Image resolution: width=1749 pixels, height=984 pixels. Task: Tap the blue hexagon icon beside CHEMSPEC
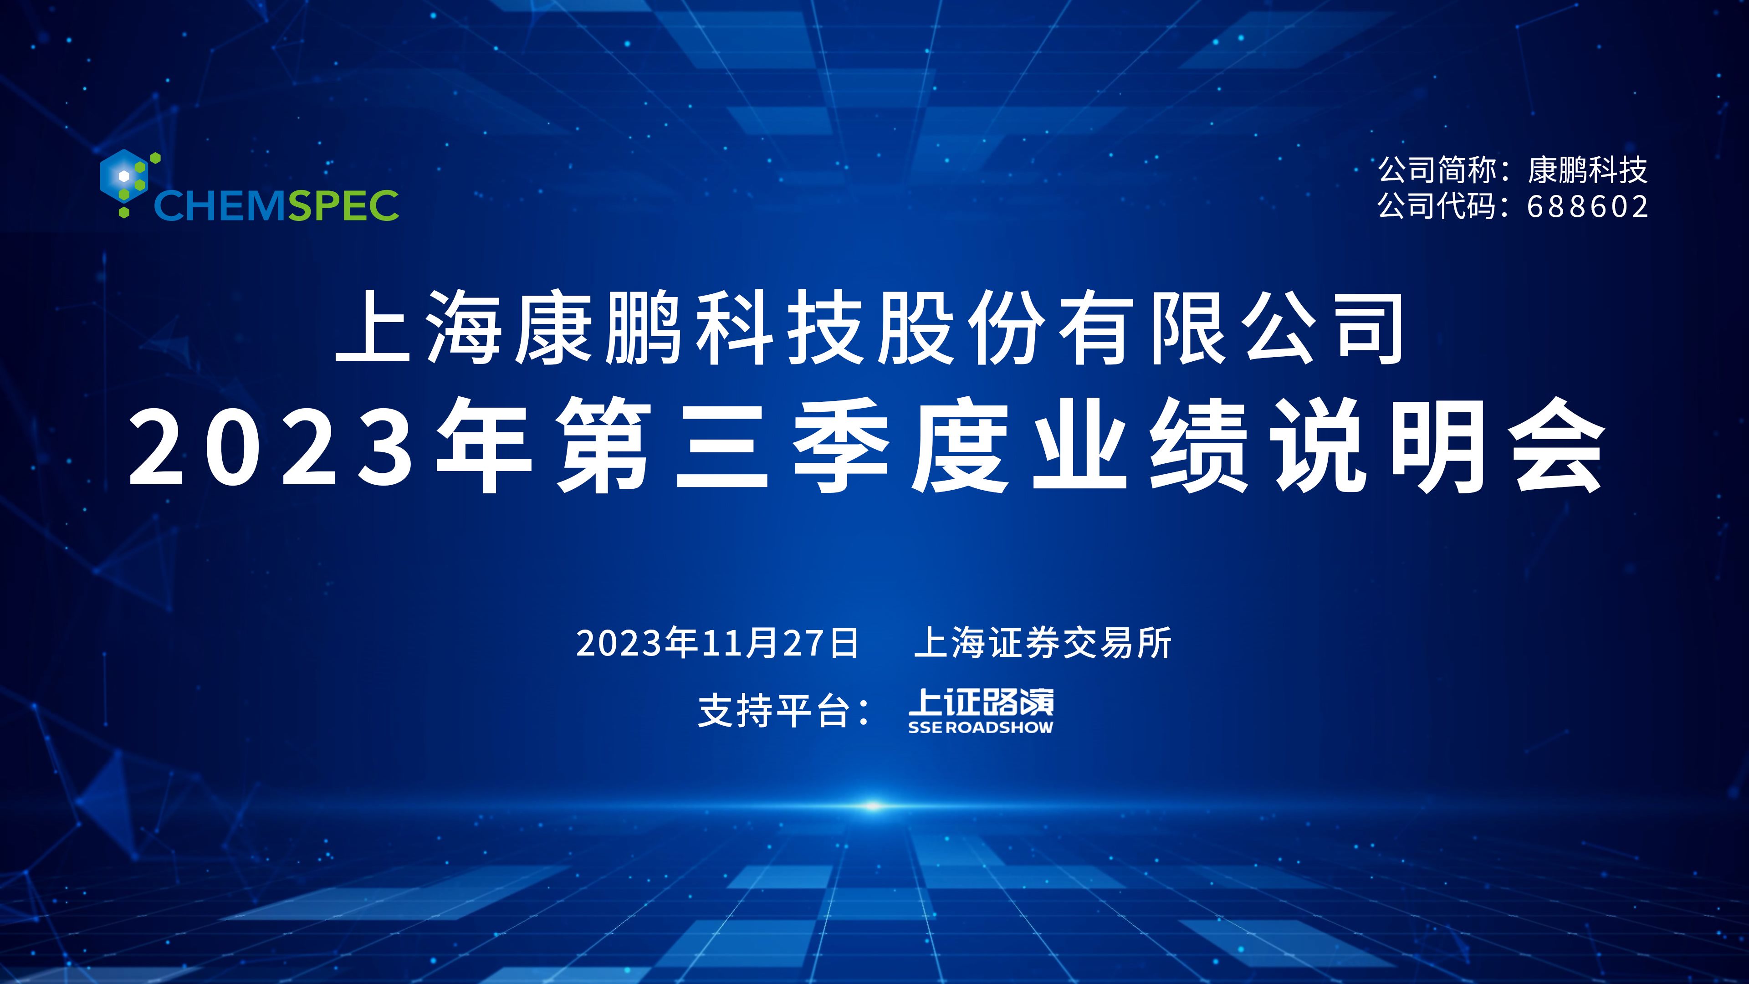pos(123,176)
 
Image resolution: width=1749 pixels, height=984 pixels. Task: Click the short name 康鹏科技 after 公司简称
pos(1587,170)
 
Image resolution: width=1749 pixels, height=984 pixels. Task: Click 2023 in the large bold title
pos(271,445)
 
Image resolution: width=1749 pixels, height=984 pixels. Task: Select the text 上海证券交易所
pos(1043,642)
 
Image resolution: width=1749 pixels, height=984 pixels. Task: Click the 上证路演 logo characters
pos(981,702)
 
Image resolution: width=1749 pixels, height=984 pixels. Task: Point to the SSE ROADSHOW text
pos(981,728)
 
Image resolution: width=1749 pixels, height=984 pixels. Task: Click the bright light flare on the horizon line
pos(874,806)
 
